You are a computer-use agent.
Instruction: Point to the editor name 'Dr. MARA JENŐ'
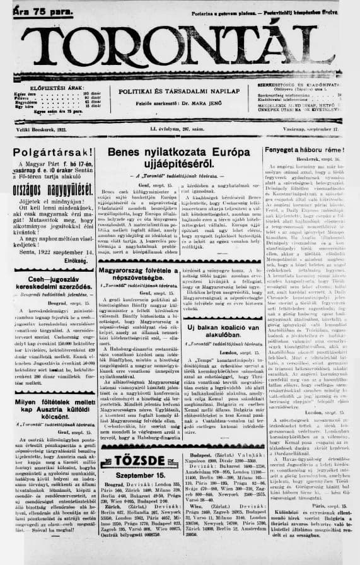point(200,104)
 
